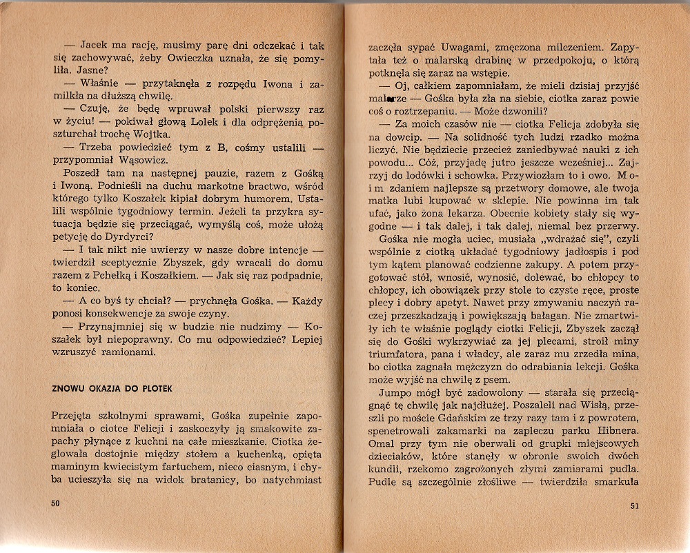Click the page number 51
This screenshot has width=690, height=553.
click(635, 507)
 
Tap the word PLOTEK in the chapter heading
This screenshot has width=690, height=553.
click(155, 388)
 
